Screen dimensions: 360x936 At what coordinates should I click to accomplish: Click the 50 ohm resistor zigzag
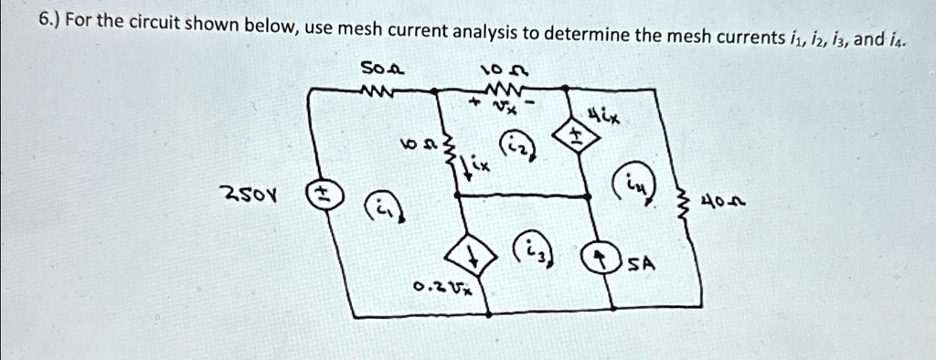376,90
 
